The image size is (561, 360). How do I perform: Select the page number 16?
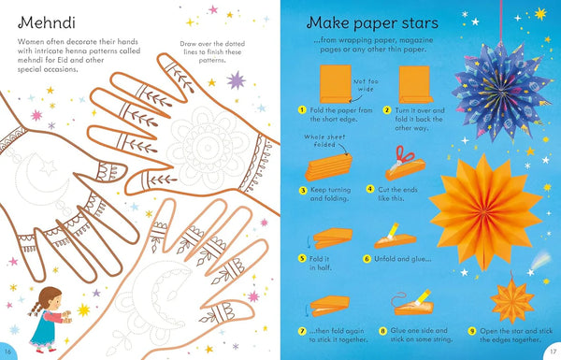[9, 351]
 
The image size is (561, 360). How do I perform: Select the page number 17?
[552, 351]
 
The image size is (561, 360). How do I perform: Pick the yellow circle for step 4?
[382, 188]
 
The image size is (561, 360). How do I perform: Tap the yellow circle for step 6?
[367, 258]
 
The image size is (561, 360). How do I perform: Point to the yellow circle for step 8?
[383, 330]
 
